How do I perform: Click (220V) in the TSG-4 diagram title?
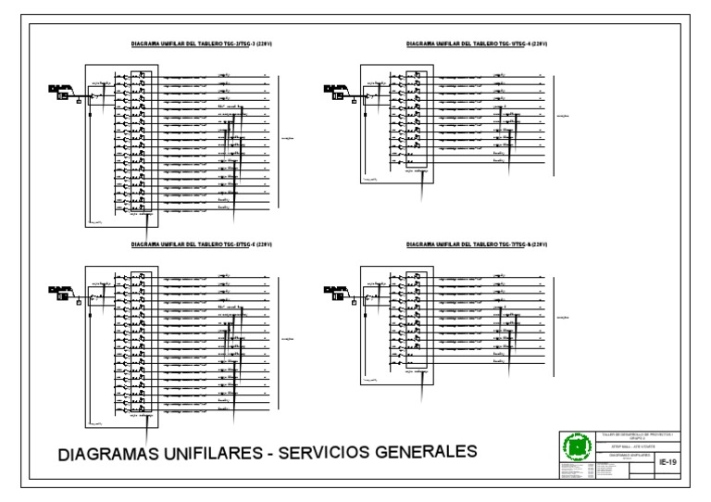(x=537, y=44)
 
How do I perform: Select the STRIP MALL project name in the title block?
(x=630, y=446)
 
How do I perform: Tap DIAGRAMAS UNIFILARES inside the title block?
(x=630, y=456)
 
